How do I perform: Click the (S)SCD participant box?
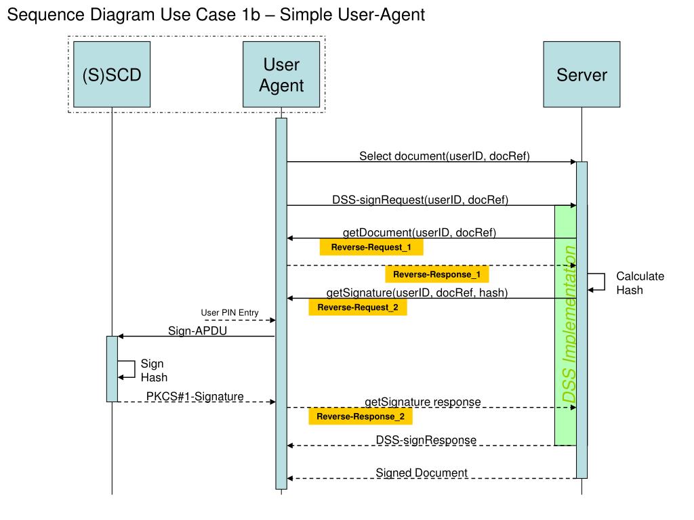point(112,74)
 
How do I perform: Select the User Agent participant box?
point(281,74)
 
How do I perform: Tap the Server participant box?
point(581,74)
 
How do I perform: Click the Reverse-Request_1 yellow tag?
point(371,247)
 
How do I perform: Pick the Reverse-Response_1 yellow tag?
point(437,274)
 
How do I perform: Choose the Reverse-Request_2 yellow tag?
point(358,307)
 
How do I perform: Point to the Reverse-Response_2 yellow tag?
point(361,416)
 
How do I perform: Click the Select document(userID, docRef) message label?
point(445,156)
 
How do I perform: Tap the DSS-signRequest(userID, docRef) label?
point(420,200)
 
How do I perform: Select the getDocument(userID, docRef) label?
point(419,233)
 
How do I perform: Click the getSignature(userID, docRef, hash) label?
point(417,292)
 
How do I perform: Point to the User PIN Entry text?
point(230,313)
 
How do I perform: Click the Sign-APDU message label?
point(197,330)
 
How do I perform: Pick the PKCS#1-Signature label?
point(195,396)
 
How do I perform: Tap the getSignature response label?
point(423,402)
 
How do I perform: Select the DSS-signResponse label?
point(426,440)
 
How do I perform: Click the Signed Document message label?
point(422,473)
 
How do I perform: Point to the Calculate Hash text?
point(640,283)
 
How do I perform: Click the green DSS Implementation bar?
point(566,326)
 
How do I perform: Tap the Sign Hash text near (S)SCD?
point(154,370)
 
